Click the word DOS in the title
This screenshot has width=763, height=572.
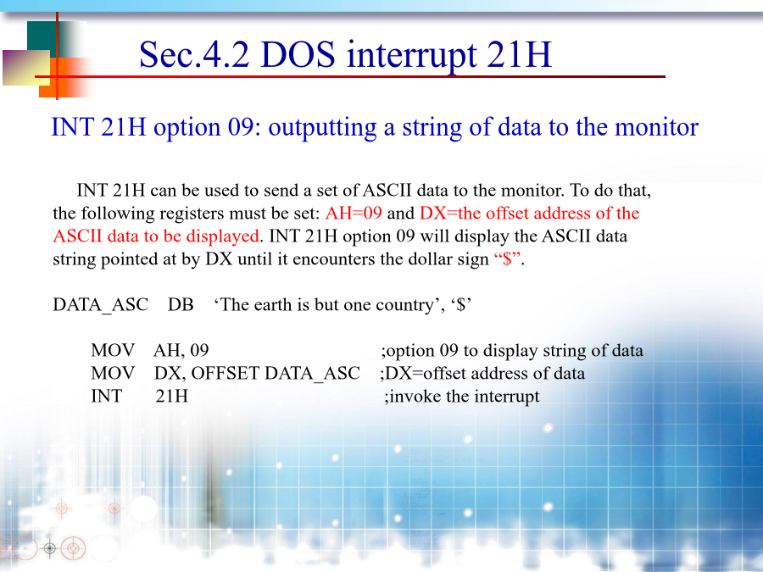click(298, 54)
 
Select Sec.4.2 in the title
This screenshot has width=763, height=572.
click(194, 54)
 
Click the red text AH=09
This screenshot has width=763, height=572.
click(354, 213)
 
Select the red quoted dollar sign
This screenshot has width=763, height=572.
click(508, 258)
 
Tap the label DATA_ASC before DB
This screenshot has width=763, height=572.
click(101, 305)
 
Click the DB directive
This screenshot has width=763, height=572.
click(181, 304)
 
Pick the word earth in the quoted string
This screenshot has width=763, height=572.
click(274, 304)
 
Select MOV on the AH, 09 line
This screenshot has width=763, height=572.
click(113, 350)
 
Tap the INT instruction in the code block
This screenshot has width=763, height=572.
click(106, 396)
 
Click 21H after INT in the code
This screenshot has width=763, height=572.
click(172, 396)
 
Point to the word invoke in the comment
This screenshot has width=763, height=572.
click(415, 396)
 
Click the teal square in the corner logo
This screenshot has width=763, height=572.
click(43, 35)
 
